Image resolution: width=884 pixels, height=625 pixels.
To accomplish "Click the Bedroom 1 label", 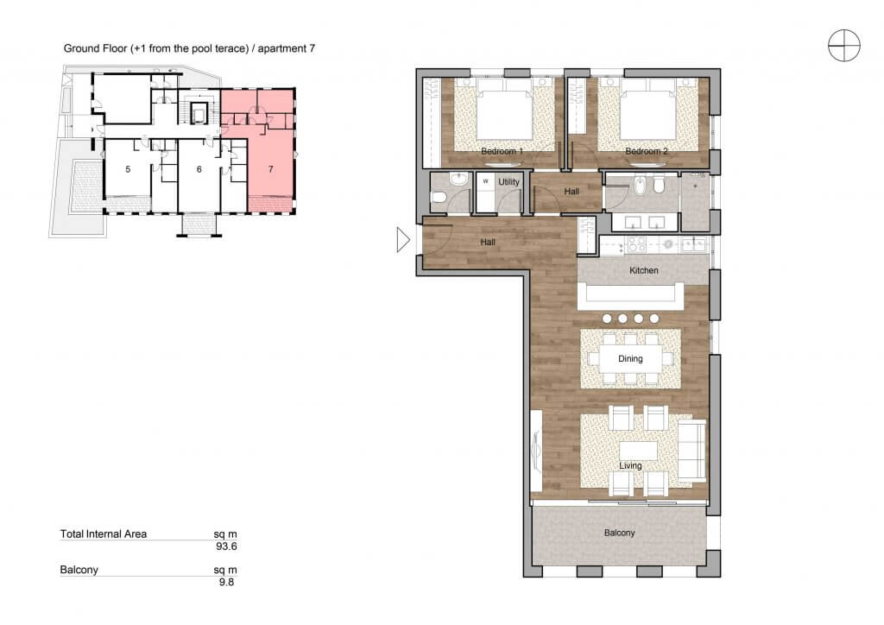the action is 502,151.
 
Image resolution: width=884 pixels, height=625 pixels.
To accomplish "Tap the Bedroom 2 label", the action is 646,151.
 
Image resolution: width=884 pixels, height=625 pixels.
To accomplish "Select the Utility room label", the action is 508,182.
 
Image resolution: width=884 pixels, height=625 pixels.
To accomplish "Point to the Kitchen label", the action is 644,270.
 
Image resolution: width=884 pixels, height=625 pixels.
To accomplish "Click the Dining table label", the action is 630,358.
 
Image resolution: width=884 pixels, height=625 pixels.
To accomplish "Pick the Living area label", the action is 630,465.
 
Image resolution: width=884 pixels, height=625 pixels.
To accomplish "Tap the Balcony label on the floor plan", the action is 620,533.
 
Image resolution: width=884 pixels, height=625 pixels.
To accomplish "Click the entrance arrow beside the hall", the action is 403,239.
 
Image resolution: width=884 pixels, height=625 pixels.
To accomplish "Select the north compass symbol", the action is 844,45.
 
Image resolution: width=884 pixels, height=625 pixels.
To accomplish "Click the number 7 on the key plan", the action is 271,169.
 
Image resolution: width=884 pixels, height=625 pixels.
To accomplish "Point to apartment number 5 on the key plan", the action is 128,169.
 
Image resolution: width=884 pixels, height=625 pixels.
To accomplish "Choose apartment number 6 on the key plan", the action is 199,169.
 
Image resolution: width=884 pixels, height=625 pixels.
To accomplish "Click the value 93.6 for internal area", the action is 227,546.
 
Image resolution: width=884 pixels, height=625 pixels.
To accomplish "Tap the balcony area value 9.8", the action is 227,582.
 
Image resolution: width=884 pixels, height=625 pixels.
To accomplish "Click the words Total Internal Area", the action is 104,533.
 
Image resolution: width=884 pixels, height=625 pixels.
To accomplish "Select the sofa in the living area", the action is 691,451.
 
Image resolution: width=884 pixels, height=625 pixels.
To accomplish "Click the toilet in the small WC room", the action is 439,197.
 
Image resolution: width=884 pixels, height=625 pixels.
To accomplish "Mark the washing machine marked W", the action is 485,182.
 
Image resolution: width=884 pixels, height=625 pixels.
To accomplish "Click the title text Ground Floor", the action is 95,48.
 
